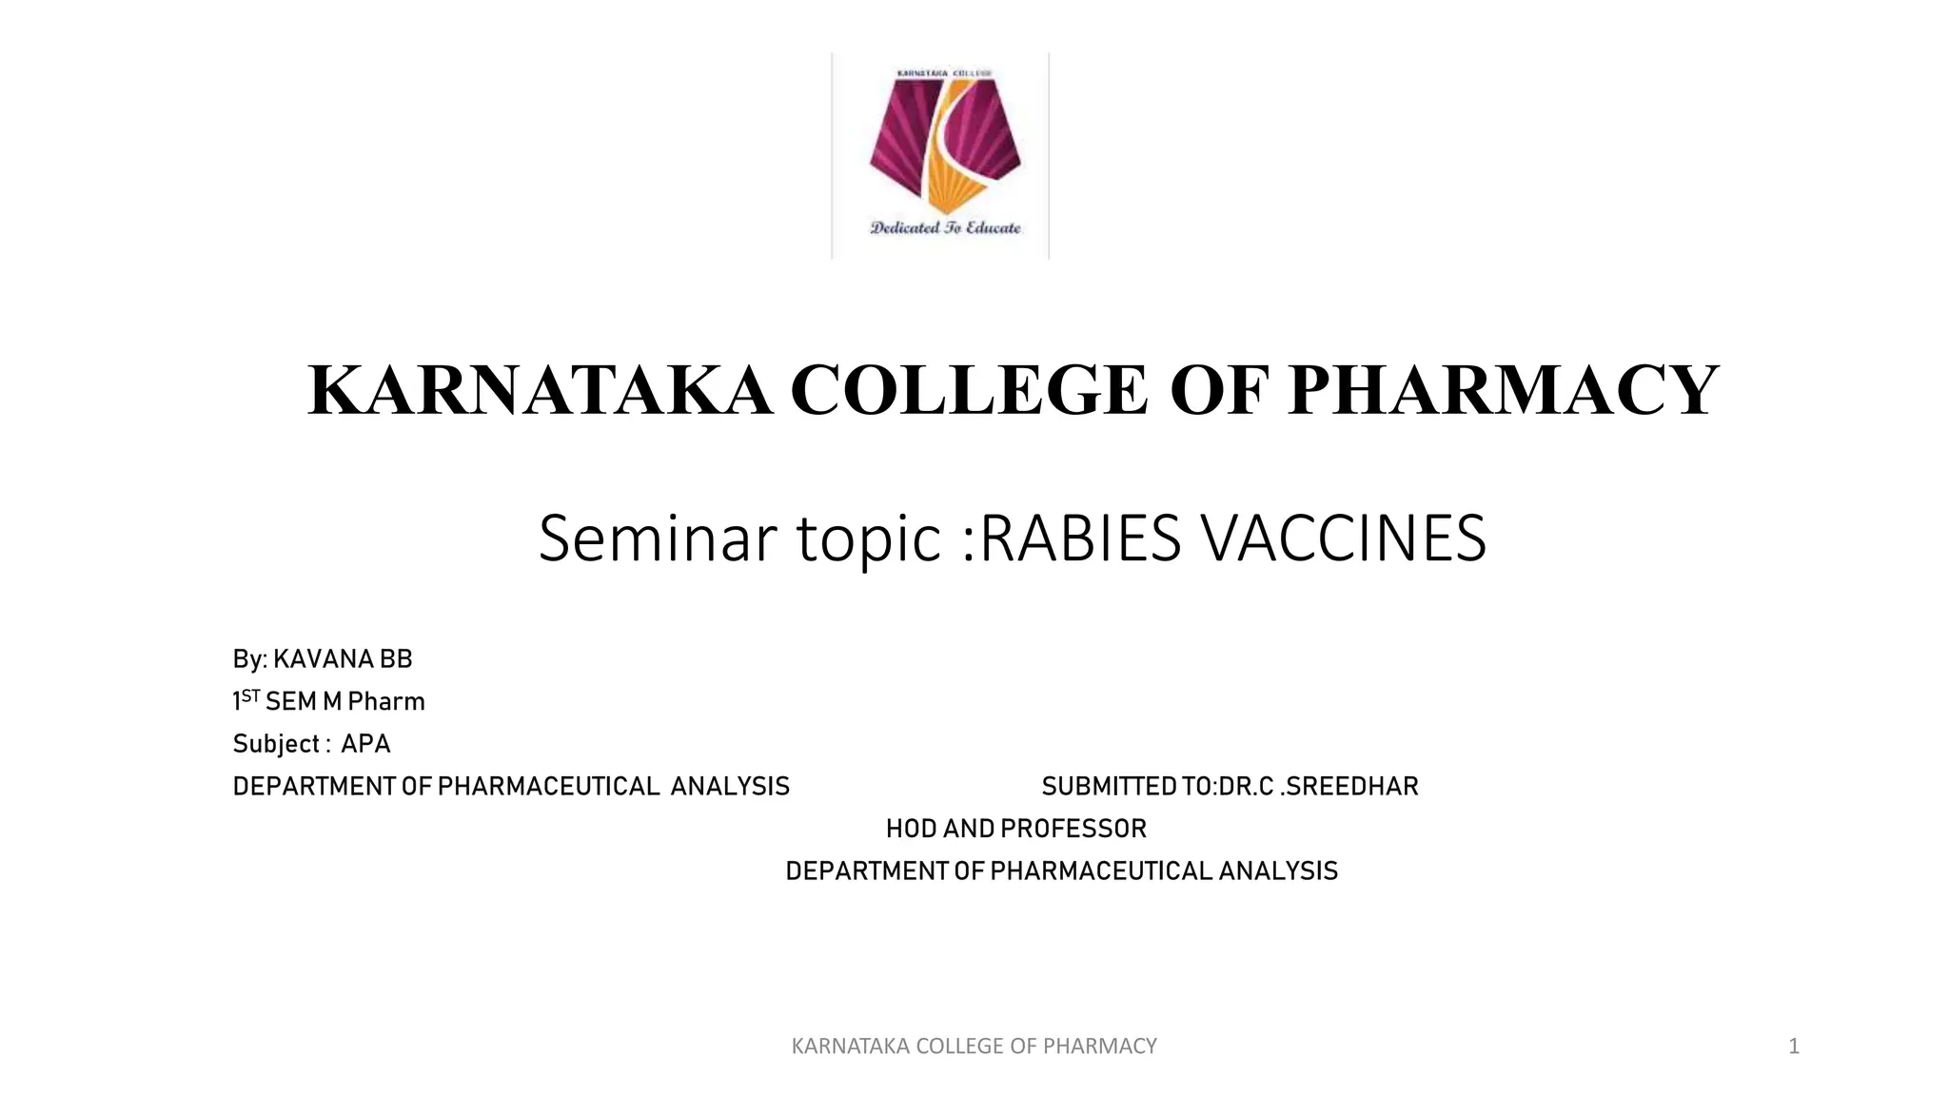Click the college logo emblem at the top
[944, 143]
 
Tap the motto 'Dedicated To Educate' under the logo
[945, 227]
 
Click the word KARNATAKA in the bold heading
[540, 390]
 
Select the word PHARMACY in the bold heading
[1503, 390]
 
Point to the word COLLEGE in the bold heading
[969, 390]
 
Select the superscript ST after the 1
[250, 696]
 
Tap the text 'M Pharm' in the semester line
[374, 702]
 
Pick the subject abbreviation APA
[365, 744]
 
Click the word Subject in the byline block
[276, 744]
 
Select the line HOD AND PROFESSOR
[1016, 830]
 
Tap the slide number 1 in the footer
[1794, 1047]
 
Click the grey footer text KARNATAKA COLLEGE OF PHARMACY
[974, 1047]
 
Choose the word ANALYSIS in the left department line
[730, 787]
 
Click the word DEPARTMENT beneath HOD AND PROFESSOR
[867, 871]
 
